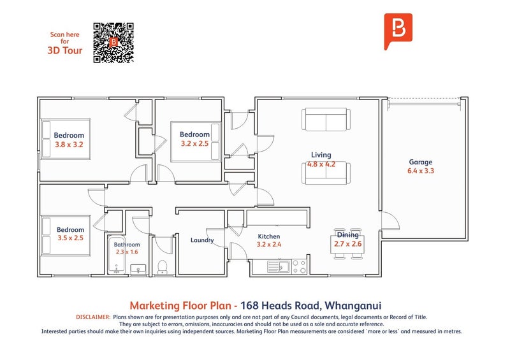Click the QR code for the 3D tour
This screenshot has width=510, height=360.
113,43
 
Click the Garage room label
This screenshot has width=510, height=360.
421,162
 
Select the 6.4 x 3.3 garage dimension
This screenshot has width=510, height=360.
421,171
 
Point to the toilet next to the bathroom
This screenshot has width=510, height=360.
162,267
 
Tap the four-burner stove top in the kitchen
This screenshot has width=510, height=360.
299,266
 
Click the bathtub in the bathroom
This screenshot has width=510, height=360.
117,255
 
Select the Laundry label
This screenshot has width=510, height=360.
202,240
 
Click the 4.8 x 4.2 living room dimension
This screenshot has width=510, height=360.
321,164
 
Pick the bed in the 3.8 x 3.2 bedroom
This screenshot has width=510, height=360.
66,139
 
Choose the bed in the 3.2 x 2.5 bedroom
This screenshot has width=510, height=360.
196,141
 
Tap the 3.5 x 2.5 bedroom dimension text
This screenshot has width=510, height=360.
71,238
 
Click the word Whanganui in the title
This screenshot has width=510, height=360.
353,305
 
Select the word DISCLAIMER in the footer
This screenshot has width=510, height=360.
93,317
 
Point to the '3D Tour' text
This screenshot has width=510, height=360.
65,50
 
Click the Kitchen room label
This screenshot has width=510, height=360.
269,236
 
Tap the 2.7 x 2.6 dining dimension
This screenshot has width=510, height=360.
347,244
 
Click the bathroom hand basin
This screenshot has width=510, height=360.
138,270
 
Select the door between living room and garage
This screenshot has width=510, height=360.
390,220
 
